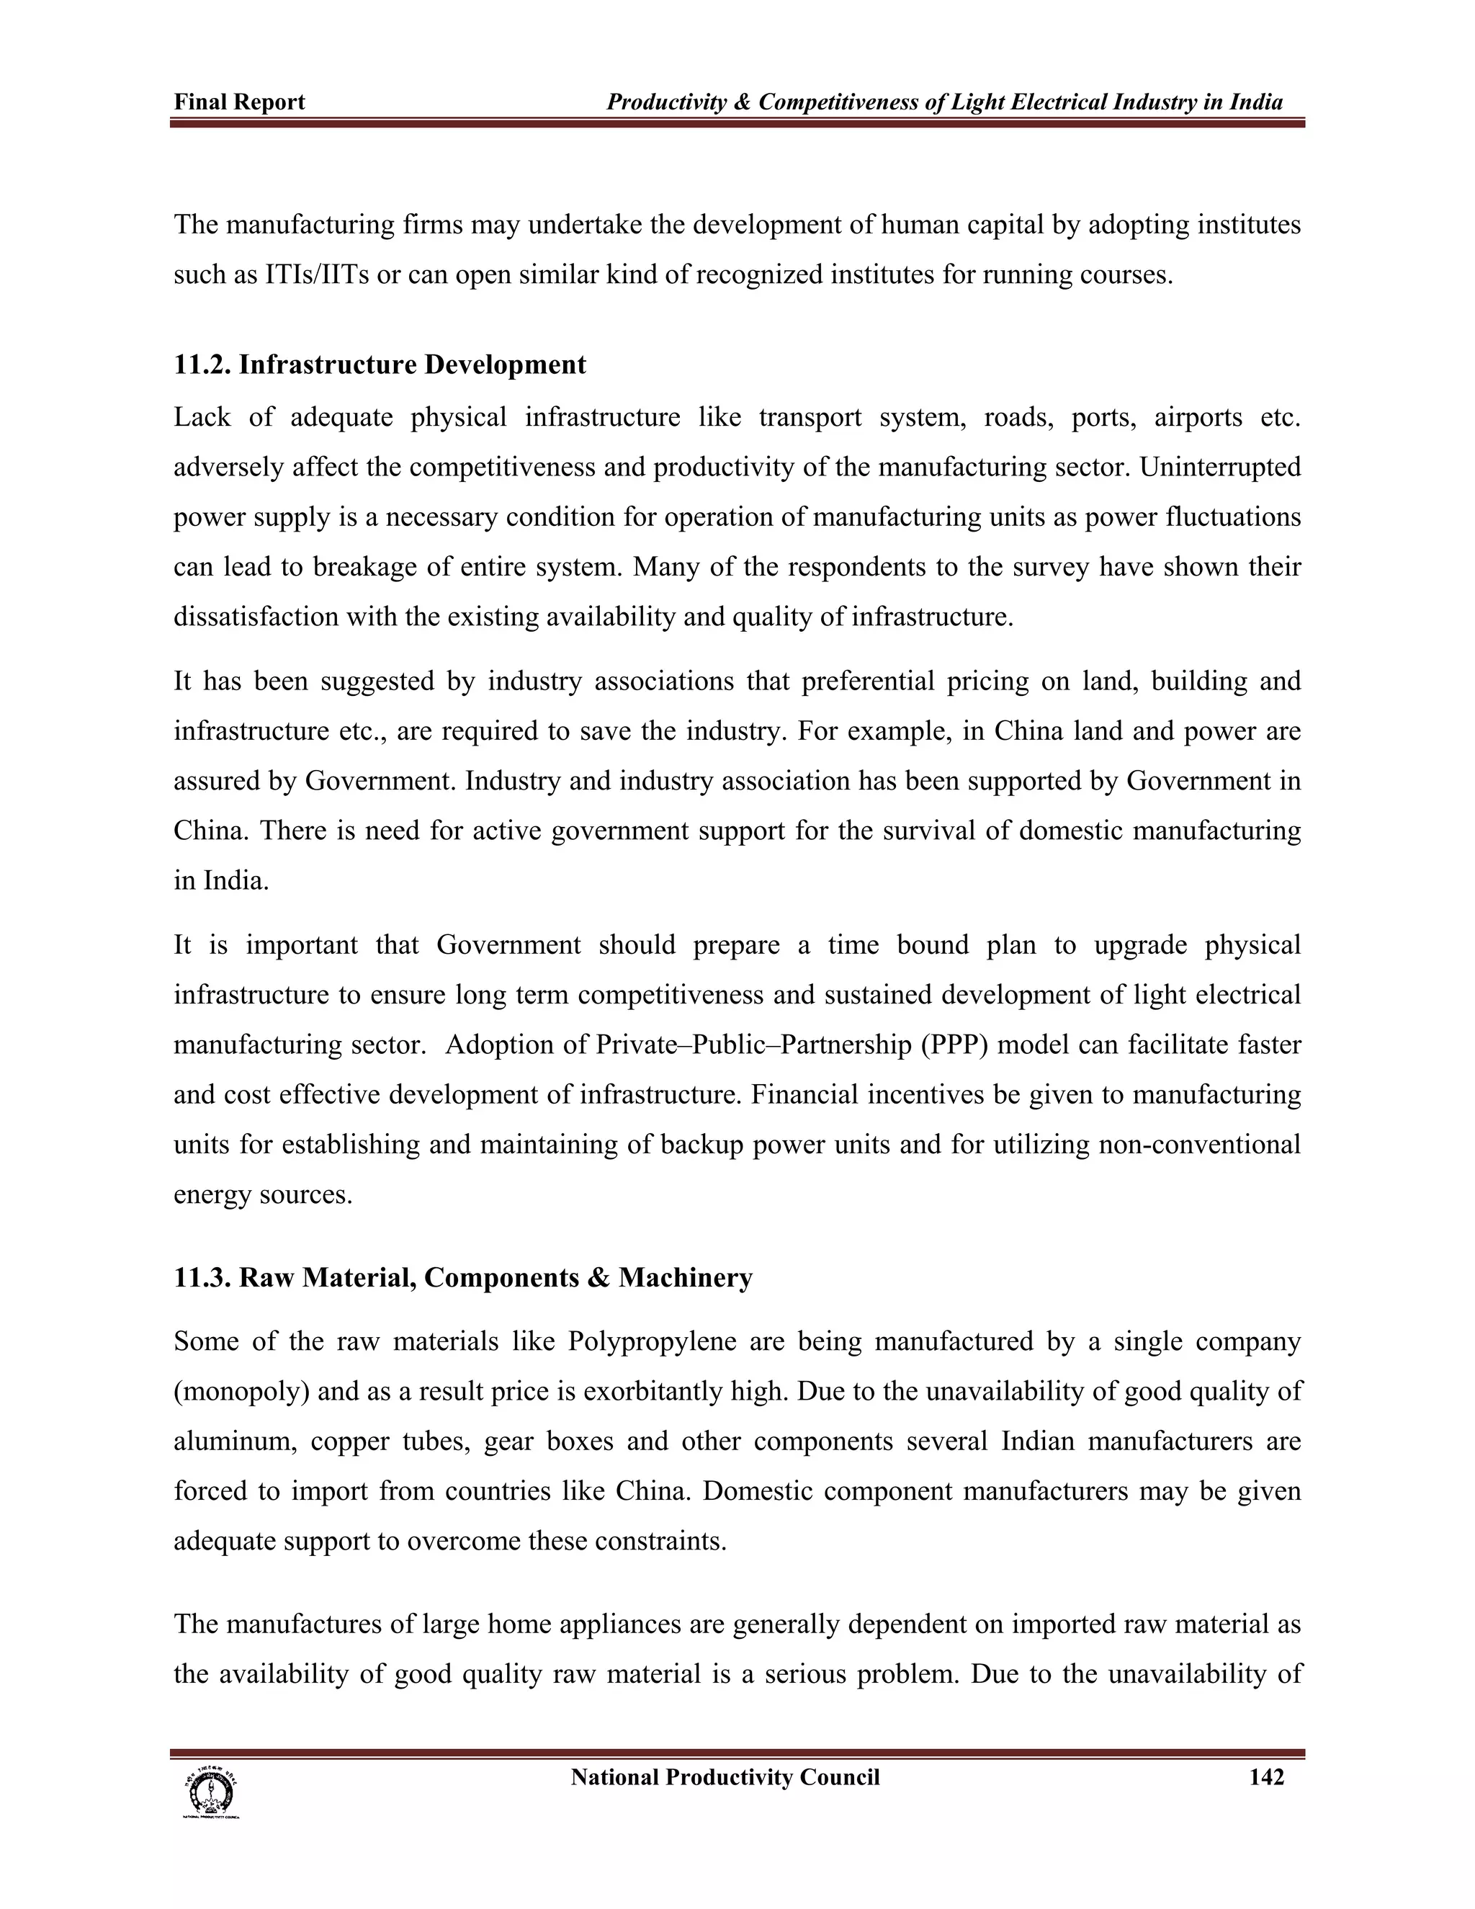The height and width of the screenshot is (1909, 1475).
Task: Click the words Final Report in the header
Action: coord(239,102)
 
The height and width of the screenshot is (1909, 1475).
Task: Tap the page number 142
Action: coord(1266,1777)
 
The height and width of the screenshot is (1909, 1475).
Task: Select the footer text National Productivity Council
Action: coord(725,1777)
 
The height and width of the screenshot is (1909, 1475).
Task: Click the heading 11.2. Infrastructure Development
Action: coord(380,365)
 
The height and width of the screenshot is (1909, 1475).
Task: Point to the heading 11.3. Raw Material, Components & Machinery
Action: coord(462,1278)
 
